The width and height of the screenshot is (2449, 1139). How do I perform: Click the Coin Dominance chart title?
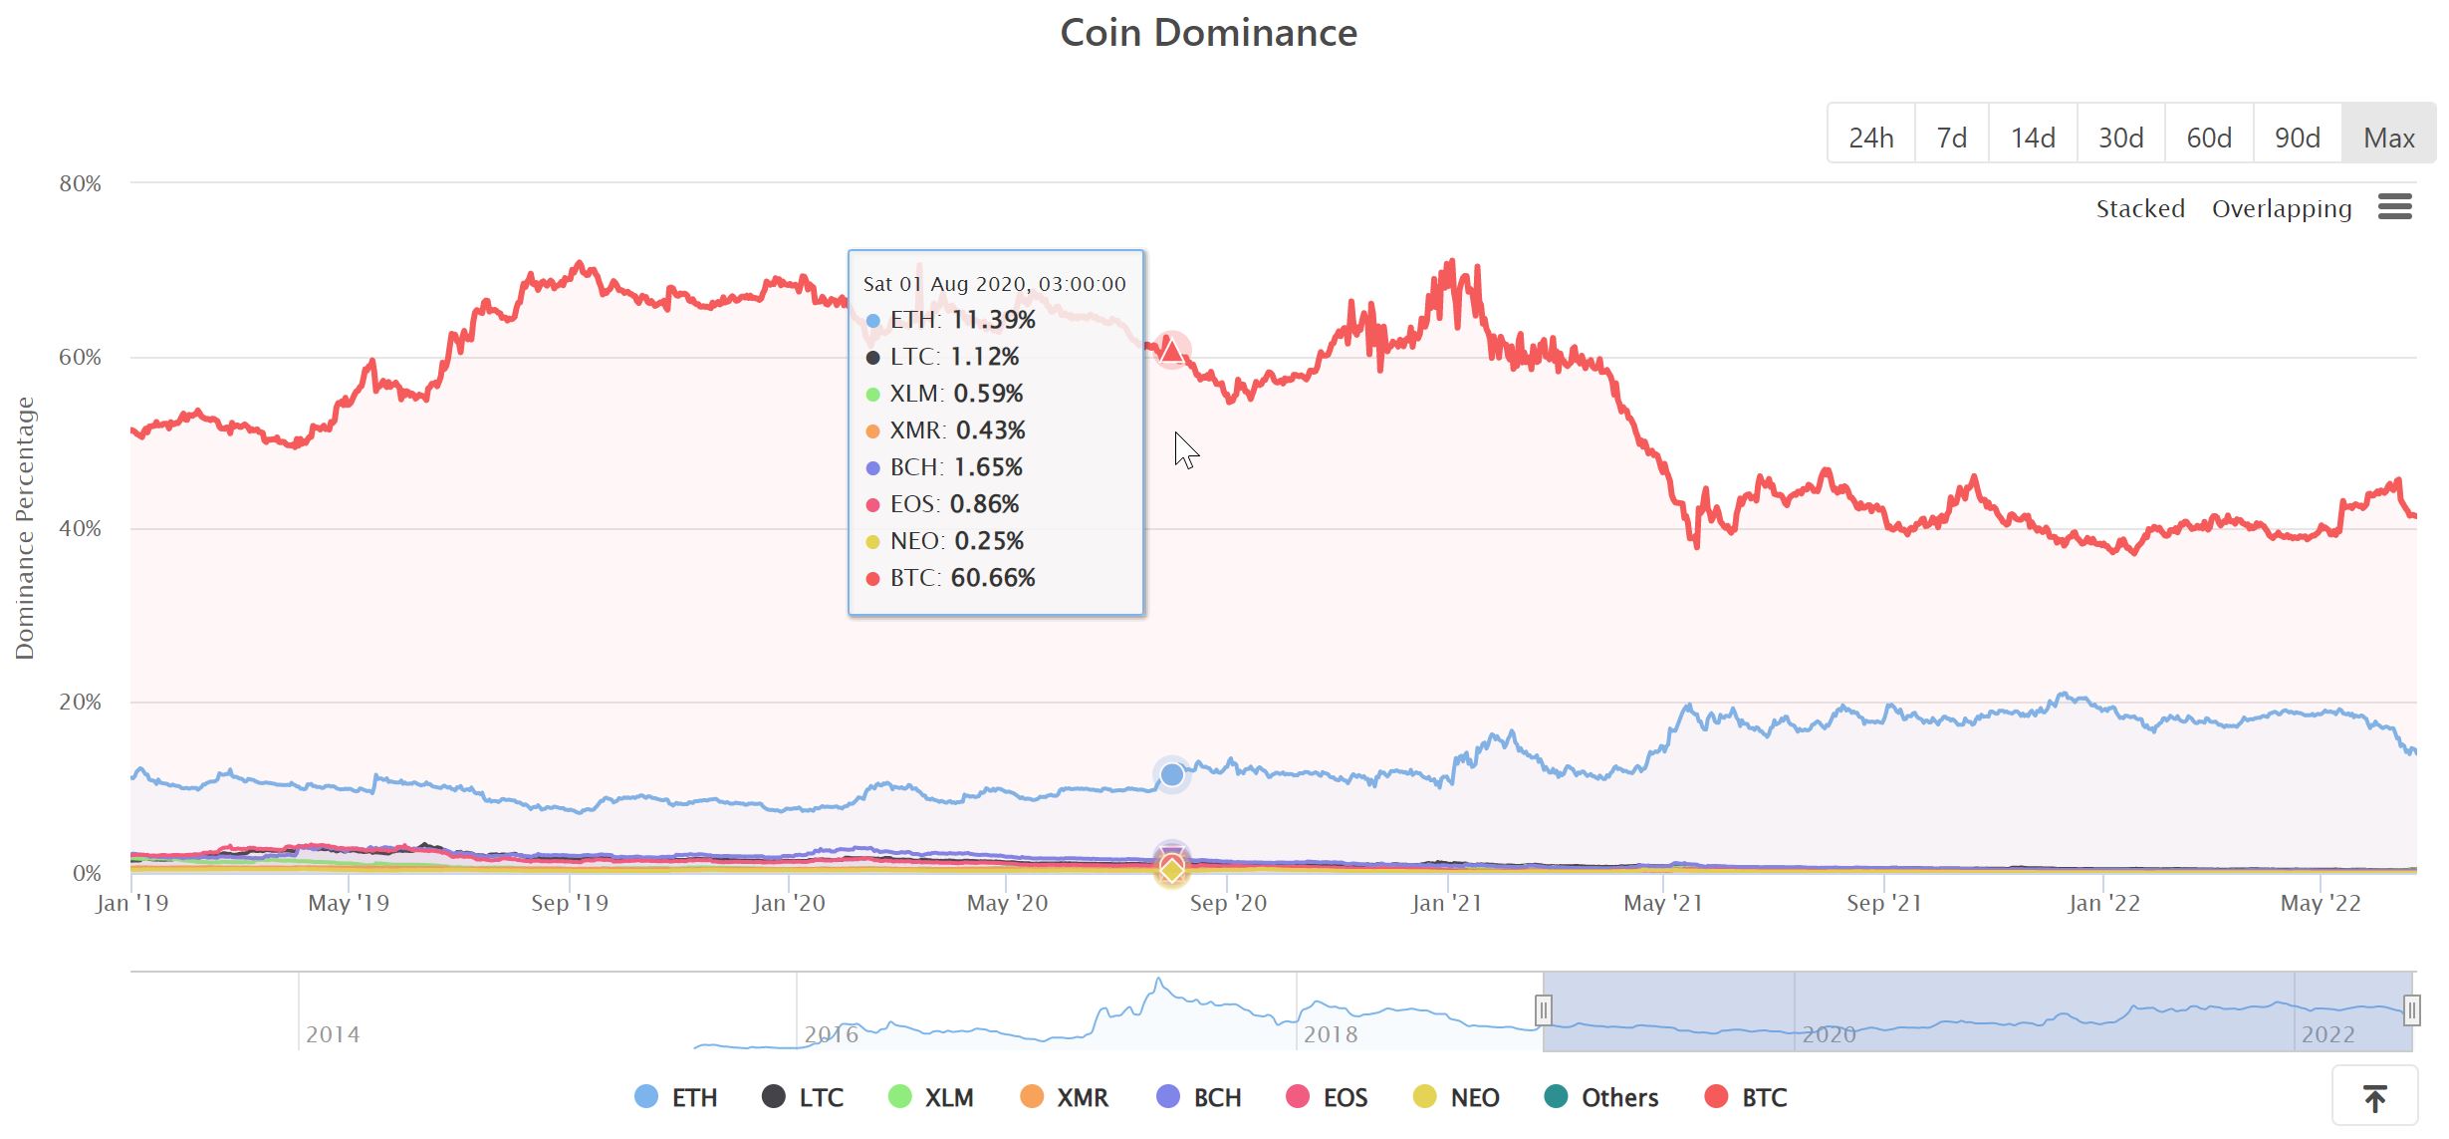[x=1208, y=33]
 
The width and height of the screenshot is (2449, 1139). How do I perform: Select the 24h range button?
[x=1870, y=137]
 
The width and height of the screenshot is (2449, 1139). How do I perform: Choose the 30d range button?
[x=2120, y=137]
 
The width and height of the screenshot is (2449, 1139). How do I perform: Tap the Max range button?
[x=2388, y=137]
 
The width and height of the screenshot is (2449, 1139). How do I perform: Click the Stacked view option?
[x=2139, y=208]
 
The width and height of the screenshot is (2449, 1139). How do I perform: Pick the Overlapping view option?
[x=2281, y=208]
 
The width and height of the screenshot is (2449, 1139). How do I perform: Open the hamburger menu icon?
[x=2394, y=206]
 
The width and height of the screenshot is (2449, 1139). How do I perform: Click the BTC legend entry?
[x=1747, y=1097]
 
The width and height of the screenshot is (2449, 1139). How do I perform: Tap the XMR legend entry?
[x=1065, y=1097]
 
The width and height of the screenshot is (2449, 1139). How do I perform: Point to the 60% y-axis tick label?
[x=80, y=357]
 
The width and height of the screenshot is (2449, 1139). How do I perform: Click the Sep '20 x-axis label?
[x=1228, y=903]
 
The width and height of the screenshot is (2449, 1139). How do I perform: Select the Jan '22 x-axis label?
[x=2103, y=903]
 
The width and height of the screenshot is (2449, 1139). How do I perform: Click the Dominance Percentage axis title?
[x=25, y=528]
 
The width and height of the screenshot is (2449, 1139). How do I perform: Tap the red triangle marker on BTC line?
[x=1172, y=351]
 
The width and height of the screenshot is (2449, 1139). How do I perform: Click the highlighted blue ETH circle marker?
[x=1172, y=774]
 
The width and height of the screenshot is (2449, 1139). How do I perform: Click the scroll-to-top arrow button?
[x=2374, y=1098]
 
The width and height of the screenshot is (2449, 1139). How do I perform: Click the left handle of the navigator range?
[x=1543, y=1010]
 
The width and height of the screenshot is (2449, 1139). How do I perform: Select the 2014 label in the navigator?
[x=333, y=1034]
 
